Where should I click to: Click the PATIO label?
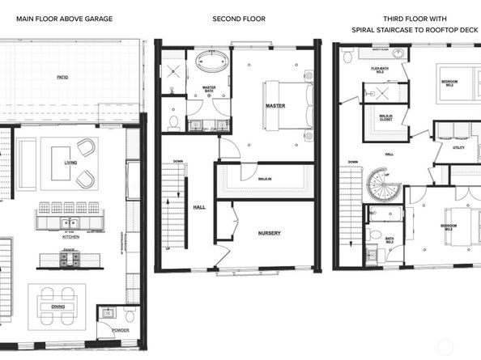[x=62, y=77]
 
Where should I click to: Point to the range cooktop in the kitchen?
[x=70, y=259]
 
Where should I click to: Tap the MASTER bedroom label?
[x=275, y=106]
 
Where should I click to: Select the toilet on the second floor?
[x=173, y=122]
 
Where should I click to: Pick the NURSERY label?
[x=269, y=233]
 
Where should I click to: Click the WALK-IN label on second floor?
[x=264, y=178]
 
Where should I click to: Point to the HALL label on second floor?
[x=199, y=207]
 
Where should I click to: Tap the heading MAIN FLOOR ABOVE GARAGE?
[x=64, y=18]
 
